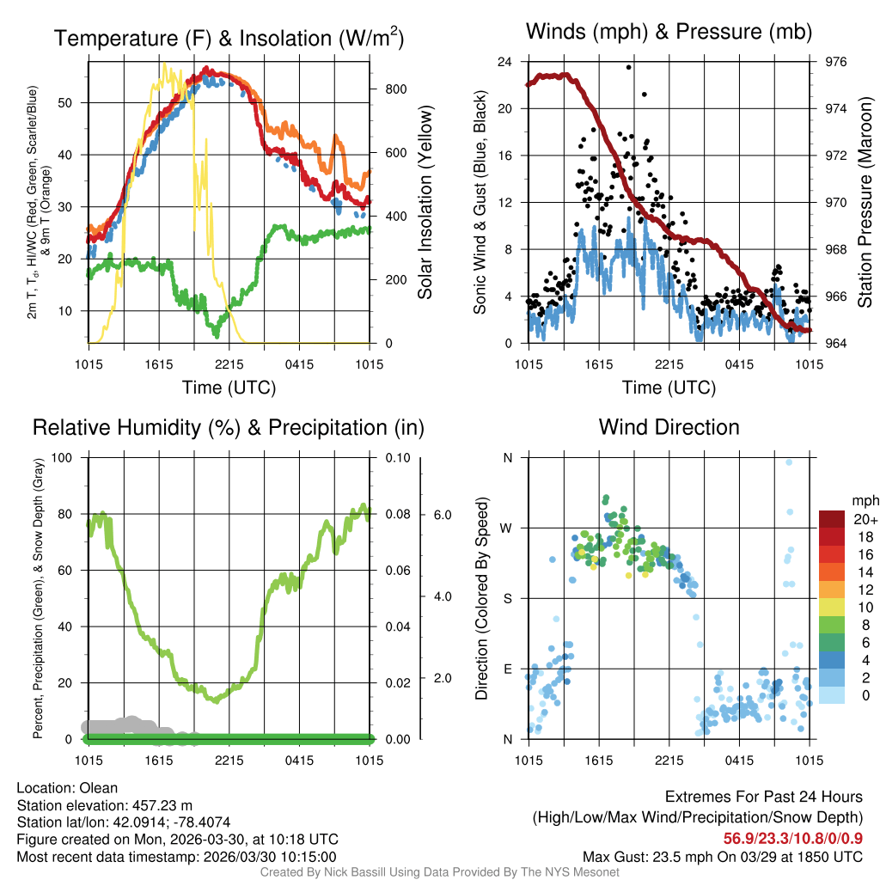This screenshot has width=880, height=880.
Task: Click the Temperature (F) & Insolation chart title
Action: (229, 38)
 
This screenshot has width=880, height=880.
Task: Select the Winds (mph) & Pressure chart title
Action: (669, 32)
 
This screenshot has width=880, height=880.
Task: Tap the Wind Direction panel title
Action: (669, 427)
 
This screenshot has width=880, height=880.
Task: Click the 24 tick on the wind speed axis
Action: (505, 62)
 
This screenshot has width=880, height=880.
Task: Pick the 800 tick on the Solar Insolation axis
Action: (389, 89)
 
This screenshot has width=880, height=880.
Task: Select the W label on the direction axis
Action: (507, 528)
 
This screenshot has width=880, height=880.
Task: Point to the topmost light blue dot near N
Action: (789, 462)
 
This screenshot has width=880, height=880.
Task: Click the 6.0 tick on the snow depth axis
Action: (441, 514)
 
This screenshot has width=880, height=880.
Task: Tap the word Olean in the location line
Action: (100, 788)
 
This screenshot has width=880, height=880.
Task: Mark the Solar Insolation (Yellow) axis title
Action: (425, 203)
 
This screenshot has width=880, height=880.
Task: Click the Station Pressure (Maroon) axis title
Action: (865, 203)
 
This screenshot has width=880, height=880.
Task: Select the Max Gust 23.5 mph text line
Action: (722, 856)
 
